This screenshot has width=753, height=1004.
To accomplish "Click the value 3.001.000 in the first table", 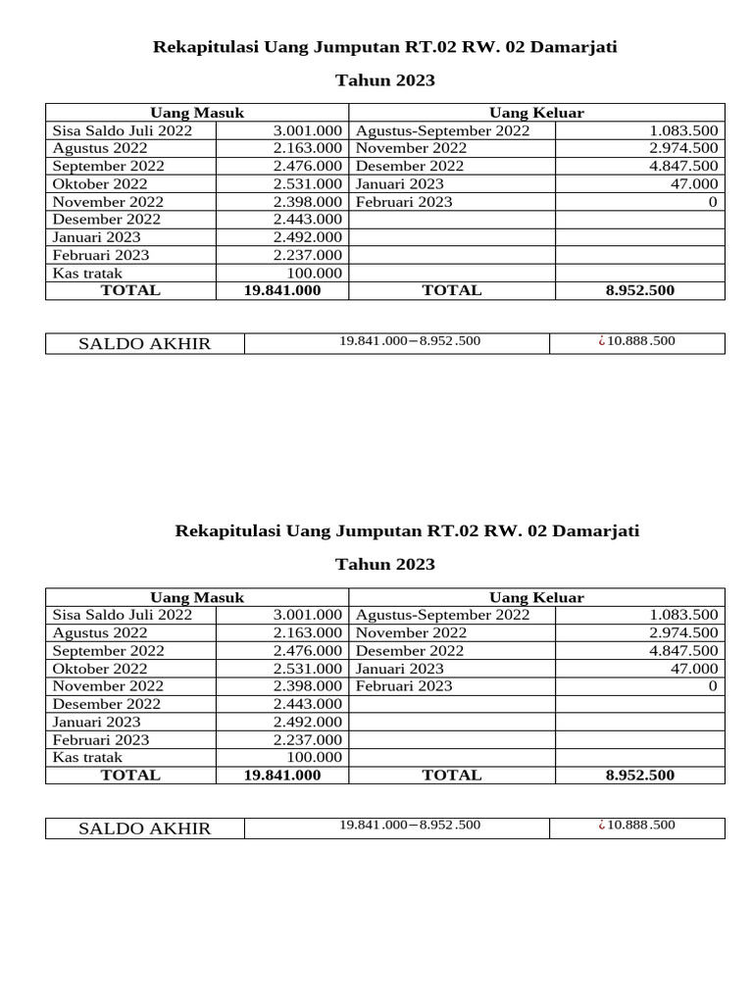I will click(x=307, y=130).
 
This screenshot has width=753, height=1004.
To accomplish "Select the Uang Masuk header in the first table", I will click(x=196, y=113).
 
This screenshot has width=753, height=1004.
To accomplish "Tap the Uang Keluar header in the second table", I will click(x=536, y=597).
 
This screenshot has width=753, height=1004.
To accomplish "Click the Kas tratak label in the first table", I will click(x=87, y=274).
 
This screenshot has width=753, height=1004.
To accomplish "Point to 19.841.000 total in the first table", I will click(x=281, y=290).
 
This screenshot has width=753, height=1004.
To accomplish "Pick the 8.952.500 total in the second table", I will click(x=639, y=775).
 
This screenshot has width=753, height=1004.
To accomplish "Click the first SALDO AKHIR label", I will click(x=144, y=343).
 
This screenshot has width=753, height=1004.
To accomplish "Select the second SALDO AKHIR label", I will click(x=144, y=828).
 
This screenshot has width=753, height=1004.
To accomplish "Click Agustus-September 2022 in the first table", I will click(x=442, y=130).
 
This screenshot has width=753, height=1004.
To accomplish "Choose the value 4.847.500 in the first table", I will click(x=683, y=166).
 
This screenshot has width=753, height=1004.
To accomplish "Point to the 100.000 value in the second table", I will click(x=314, y=757).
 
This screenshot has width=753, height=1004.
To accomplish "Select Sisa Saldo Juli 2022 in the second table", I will click(x=123, y=615).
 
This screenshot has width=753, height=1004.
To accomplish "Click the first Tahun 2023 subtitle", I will click(x=385, y=80).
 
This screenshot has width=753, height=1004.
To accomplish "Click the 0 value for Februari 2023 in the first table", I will click(x=713, y=202).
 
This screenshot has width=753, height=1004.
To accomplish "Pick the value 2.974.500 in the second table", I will click(x=683, y=632).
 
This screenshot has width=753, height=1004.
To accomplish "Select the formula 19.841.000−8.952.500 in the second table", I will click(x=410, y=825).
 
